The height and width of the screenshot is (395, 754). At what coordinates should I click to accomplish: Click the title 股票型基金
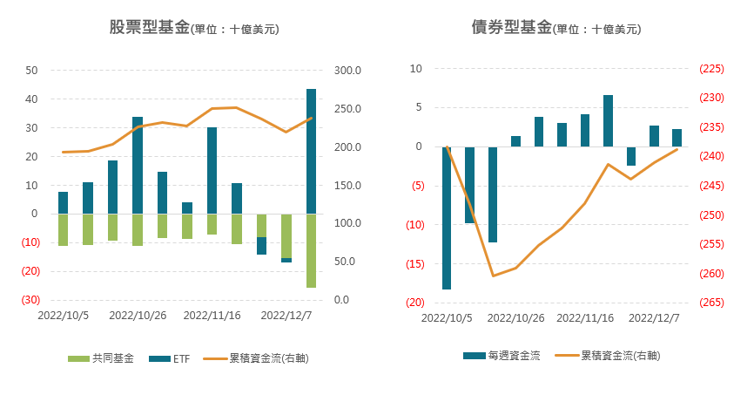click(x=149, y=28)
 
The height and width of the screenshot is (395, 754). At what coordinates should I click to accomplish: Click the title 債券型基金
click(x=511, y=28)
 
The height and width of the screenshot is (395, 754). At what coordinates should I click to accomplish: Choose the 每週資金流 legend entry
click(x=513, y=356)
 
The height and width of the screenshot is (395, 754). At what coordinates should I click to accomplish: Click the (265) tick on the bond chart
click(x=711, y=303)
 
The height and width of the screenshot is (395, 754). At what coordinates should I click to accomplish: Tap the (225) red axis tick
click(x=711, y=69)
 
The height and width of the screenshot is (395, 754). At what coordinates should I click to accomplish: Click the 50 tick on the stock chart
click(x=32, y=70)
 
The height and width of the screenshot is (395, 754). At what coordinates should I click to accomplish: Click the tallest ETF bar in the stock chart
click(x=311, y=151)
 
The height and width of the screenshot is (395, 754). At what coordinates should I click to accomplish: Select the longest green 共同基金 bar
click(x=311, y=250)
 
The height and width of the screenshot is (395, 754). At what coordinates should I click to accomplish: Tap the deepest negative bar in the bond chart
click(x=447, y=218)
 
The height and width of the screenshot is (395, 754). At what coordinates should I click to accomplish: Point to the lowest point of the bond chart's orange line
click(x=493, y=276)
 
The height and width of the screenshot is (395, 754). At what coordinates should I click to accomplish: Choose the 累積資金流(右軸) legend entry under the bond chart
click(x=618, y=356)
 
